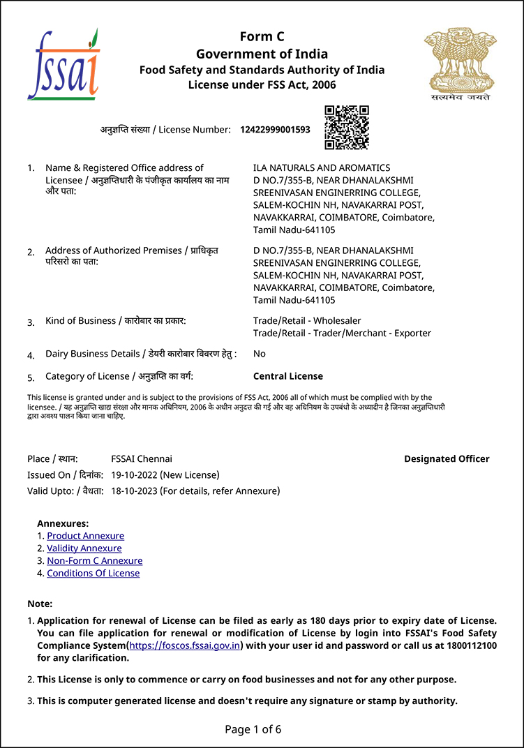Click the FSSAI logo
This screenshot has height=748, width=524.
coord(63,65)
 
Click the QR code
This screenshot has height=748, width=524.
coord(346,127)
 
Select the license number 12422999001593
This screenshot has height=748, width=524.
coord(275,130)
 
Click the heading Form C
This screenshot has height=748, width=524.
coord(262,37)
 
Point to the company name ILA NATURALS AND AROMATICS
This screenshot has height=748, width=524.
coord(322,167)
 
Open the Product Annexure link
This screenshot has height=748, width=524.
coord(85,536)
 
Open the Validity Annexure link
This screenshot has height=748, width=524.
coord(84,548)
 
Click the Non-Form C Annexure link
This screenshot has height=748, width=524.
coord(94,561)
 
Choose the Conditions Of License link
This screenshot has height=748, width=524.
coord(93,574)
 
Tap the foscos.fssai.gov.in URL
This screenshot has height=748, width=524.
coord(186,645)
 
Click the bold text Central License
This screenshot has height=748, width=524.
coord(288,376)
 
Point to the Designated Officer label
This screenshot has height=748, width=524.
coord(447,459)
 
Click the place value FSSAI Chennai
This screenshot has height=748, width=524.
coord(142,459)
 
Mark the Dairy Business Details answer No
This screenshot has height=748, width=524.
coord(260,354)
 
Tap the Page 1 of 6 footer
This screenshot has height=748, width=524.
coord(253,730)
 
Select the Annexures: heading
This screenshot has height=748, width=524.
coord(63,523)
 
